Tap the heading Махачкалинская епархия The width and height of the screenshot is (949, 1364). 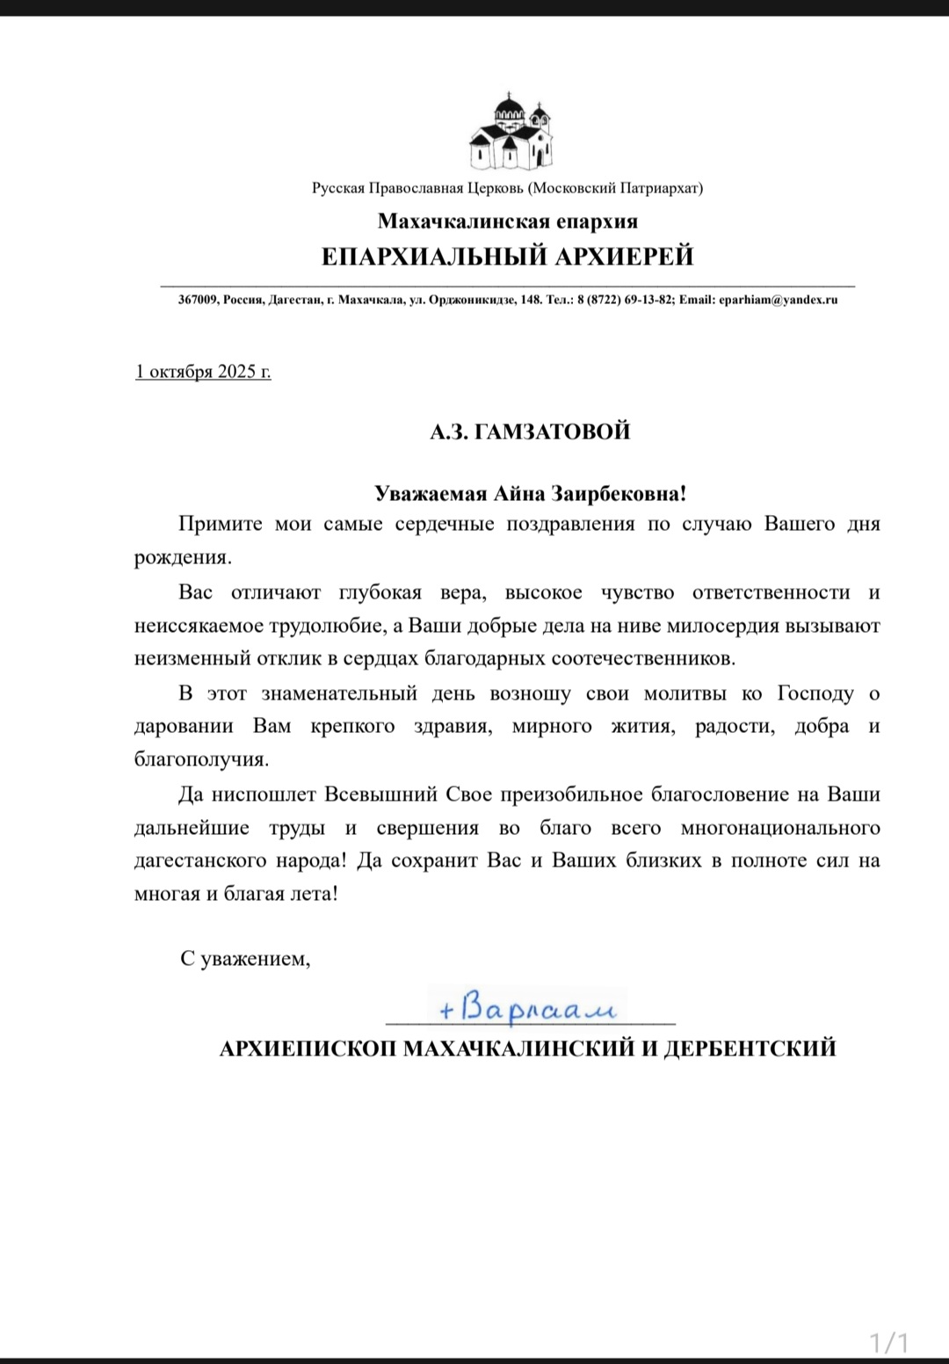[x=508, y=221]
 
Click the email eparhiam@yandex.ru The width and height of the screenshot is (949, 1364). [x=778, y=300]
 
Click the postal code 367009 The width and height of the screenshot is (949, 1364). [x=198, y=300]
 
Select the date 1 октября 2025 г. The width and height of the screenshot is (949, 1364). [x=203, y=372]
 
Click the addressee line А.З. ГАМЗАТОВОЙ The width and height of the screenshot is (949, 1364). [x=530, y=432]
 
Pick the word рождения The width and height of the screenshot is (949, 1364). [x=183, y=558]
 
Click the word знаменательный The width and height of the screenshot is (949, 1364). [x=338, y=693]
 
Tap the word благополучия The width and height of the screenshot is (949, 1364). [x=201, y=759]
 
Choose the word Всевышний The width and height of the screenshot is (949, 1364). [x=381, y=794]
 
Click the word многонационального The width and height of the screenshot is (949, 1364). [x=780, y=828]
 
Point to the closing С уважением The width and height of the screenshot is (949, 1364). [x=245, y=958]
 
